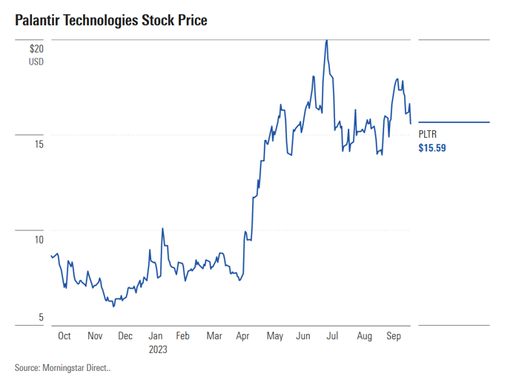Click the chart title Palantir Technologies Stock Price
(110, 20)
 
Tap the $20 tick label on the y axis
(36, 49)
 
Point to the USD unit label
(36, 61)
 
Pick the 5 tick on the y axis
(42, 318)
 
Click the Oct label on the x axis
(64, 336)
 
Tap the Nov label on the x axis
(95, 336)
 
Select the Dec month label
(125, 336)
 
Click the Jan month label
(156, 336)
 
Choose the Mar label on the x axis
(214, 336)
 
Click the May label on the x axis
(274, 336)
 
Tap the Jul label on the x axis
(333, 336)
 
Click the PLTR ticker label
(428, 134)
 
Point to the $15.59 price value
(432, 148)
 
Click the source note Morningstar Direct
(62, 367)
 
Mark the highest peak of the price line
(327, 40)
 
